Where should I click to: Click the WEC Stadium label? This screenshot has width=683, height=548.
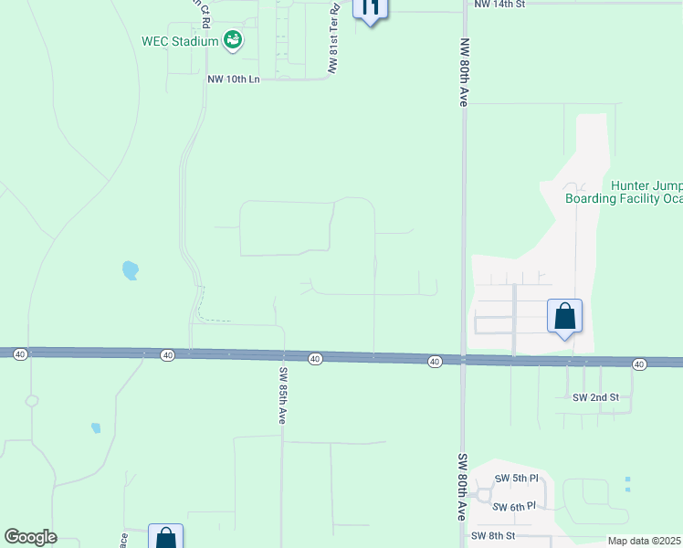tap(180, 41)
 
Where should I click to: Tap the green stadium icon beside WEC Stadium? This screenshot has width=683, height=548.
tap(233, 39)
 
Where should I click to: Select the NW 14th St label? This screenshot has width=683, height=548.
tap(499, 5)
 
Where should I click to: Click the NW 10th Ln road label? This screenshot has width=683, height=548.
tap(234, 79)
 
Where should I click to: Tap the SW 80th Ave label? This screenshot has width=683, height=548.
tap(462, 487)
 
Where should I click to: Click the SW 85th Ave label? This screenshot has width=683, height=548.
tap(282, 395)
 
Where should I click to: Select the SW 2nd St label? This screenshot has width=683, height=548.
tap(595, 397)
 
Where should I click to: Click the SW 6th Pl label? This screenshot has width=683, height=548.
tap(513, 506)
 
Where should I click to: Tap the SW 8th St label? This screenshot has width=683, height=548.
tap(493, 535)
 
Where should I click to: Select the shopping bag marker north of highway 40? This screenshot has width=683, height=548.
tap(565, 316)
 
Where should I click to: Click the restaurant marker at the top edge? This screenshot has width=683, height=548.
tap(370, 9)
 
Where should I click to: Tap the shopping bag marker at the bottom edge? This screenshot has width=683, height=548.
tap(165, 536)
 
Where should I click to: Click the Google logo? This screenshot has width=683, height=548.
tap(30, 537)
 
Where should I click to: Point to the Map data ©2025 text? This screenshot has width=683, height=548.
tap(644, 541)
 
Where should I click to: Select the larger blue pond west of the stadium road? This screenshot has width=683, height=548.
tap(131, 270)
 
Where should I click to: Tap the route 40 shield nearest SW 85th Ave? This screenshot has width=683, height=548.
tap(314, 359)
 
